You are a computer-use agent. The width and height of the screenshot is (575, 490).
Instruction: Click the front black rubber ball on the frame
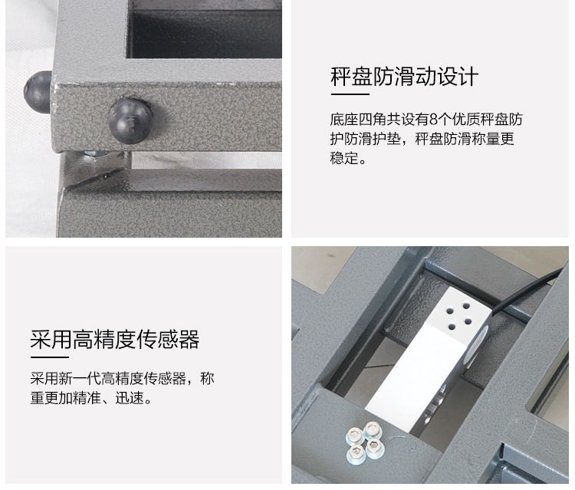coord(130,120)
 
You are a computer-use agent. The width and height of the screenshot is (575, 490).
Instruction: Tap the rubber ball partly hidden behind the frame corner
coord(38,92)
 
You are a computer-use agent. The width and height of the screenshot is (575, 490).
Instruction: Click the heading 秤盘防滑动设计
coord(405,77)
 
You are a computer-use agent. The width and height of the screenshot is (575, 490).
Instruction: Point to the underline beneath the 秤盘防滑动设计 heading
coord(350,94)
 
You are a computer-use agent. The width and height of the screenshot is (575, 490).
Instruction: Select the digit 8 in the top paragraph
coord(433,120)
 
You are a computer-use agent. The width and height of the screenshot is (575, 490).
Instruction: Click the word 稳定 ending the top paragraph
coord(344,158)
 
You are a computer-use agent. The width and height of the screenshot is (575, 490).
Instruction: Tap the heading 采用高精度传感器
coord(115,339)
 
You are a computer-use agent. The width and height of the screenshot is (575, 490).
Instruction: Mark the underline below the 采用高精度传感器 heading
coord(50,357)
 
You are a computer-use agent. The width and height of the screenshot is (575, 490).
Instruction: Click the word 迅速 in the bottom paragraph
coord(130,398)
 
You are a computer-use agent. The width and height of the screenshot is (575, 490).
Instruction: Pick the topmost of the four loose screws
coord(373,429)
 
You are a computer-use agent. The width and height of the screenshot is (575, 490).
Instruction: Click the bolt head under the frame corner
coord(95,153)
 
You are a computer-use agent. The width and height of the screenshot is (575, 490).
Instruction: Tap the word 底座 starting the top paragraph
coord(344,120)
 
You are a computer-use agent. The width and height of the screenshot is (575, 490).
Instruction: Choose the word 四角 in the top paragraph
coord(372,120)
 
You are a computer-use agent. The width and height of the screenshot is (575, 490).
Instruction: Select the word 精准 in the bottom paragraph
coord(87,398)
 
